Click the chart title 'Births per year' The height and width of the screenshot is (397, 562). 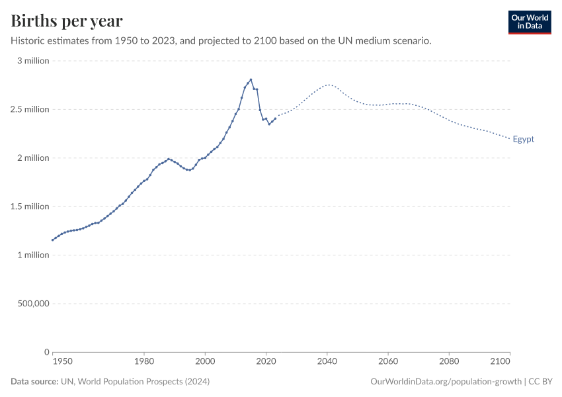coord(67,21)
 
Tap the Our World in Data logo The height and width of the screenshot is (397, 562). coord(529,22)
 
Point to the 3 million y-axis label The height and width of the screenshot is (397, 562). coord(32,61)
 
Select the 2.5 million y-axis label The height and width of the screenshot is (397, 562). coord(29,109)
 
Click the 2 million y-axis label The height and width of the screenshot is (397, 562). coord(32,157)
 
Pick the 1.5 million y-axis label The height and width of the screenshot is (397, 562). coord(29,206)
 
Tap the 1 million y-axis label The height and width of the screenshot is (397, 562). coord(32,255)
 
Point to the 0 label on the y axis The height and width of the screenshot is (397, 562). coord(47,352)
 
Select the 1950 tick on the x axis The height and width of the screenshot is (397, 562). coord(62,362)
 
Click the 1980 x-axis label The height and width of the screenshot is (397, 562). coord(144,362)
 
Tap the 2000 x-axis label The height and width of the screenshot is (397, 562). coord(205,362)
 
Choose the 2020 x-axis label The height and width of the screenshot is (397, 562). coord(266,362)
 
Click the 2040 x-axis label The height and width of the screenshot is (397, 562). coord(327,362)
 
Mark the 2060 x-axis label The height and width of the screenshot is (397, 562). coord(387,362)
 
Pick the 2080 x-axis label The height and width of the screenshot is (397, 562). coord(449,362)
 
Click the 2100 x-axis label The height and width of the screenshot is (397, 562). coord(501,362)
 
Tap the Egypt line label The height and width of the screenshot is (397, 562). coord(523,139)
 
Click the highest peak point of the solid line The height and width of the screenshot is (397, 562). coord(251,79)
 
